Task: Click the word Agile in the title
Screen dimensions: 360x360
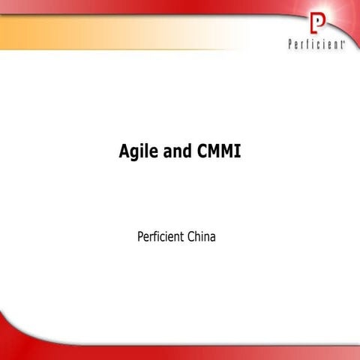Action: coord(136,151)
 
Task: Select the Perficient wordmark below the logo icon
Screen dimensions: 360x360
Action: coord(315,45)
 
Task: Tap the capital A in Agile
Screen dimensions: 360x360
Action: coord(124,151)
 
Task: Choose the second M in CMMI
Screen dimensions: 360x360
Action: coord(226,151)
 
